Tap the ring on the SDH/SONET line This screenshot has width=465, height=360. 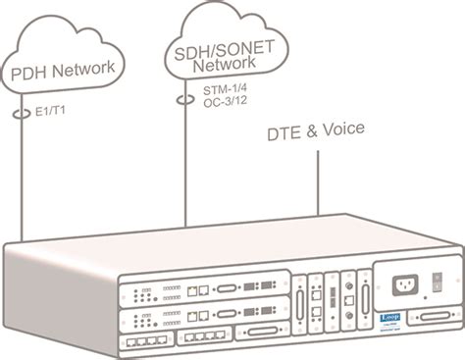coord(181,100)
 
